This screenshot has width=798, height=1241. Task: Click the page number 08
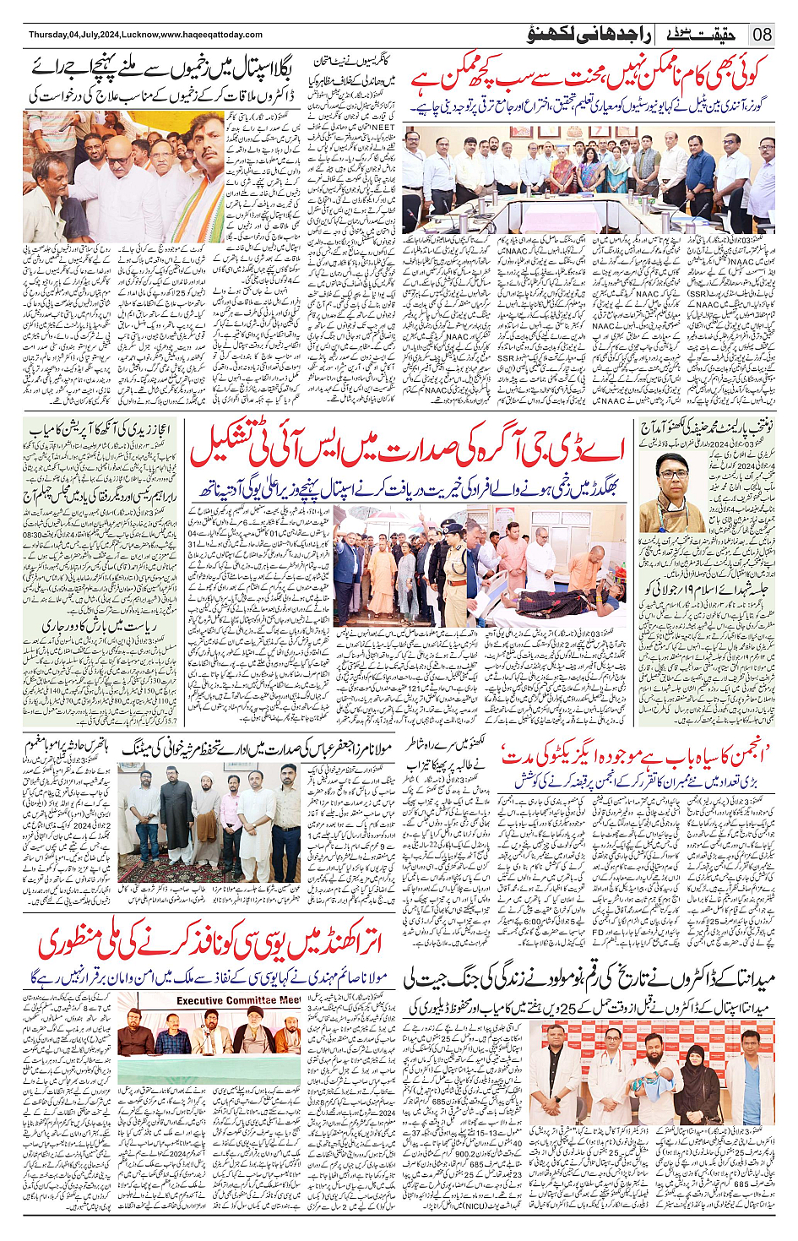(762, 35)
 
